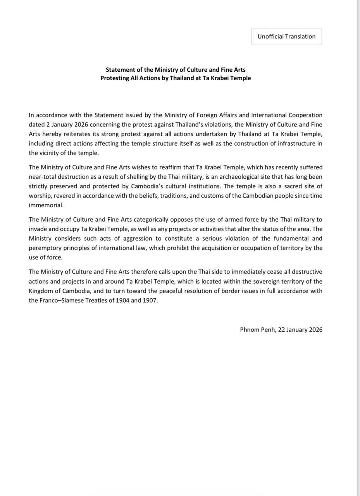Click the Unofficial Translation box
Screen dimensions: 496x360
pos(286,36)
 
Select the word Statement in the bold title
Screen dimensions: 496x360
pos(119,70)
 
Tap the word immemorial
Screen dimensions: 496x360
pos(46,205)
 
